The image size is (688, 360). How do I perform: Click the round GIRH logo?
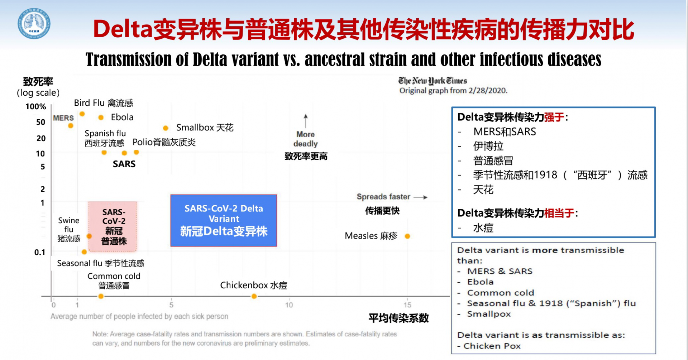point(34,24)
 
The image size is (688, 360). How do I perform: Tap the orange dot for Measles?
point(407,236)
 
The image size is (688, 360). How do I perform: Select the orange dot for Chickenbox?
point(254,296)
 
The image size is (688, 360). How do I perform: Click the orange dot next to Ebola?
point(101,117)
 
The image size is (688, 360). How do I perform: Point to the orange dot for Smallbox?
point(166,128)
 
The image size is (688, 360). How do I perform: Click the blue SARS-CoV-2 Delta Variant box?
point(224,220)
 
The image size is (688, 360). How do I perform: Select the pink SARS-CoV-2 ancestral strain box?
point(113,226)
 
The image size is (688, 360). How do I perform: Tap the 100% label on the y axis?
point(36,106)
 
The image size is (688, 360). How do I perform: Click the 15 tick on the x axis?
point(407,305)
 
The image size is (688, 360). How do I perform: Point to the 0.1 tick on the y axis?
point(40,252)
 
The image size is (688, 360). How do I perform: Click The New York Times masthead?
point(433,81)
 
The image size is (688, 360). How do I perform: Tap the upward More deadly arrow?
point(306,121)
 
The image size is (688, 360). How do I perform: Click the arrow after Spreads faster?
point(420,197)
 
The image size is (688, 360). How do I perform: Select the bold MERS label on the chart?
point(63,118)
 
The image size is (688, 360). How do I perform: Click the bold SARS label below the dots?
point(124,164)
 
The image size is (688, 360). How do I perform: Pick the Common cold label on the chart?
point(114,276)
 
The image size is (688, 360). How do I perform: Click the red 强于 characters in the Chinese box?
point(554,117)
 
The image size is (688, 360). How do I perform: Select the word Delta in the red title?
point(123,29)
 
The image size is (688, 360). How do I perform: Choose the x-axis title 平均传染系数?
point(398,318)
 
